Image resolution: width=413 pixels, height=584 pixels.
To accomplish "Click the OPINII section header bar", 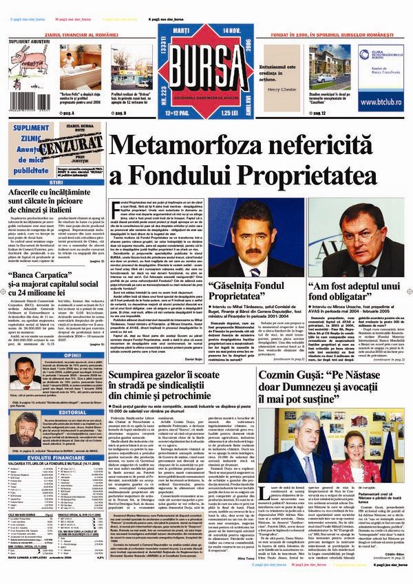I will tap(52, 336).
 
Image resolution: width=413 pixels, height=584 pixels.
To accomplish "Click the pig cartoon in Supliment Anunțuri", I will tap(25, 69).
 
